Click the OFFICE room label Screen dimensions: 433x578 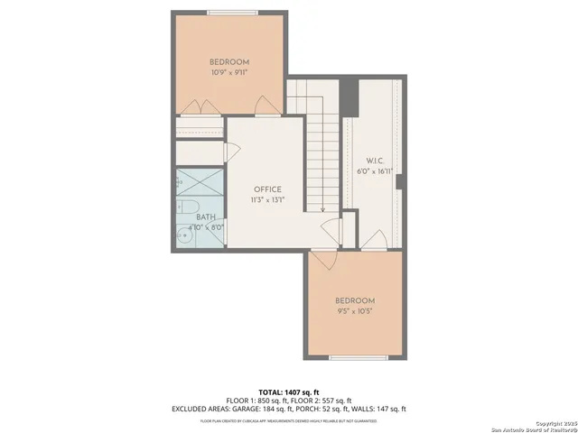[x=267, y=189]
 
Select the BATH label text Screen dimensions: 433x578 [x=206, y=217]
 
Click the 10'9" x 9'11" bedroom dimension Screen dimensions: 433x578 [x=229, y=71]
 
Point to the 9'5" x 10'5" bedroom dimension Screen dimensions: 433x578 [x=354, y=311]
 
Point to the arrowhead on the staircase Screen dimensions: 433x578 [x=322, y=209]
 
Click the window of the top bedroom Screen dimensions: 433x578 [x=229, y=13]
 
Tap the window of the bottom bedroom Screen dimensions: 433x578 [x=354, y=358]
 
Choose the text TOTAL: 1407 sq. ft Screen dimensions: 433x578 [x=288, y=391]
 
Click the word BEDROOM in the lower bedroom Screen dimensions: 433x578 [x=354, y=300]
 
